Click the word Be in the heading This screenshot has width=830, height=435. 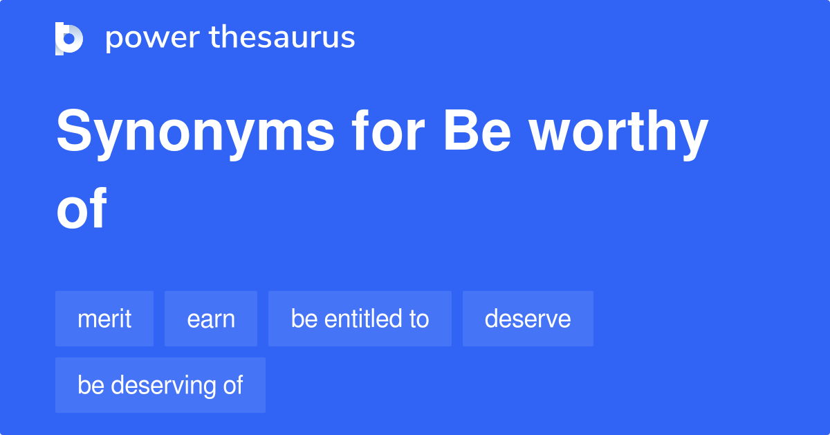coord(477,133)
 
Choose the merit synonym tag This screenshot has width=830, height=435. coord(104,319)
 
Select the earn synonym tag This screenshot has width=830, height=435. coord(211,319)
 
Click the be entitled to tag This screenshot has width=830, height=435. coord(360,319)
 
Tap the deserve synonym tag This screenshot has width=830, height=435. coord(528,319)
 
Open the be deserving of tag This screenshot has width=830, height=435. coord(160,385)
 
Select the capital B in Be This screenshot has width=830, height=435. coord(459,133)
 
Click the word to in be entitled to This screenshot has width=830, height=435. coord(419,319)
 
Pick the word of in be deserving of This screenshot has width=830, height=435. coord(232,385)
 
